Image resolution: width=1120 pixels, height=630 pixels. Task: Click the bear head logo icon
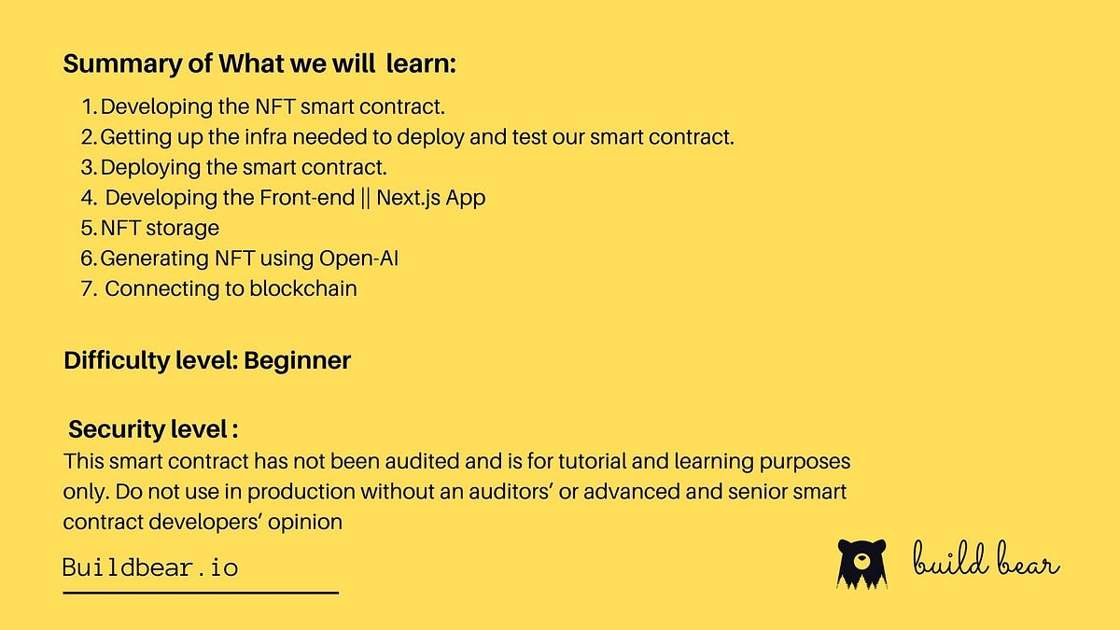tap(861, 563)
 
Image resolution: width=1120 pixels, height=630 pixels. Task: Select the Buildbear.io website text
tap(150, 567)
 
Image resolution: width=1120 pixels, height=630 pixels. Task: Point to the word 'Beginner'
tap(297, 360)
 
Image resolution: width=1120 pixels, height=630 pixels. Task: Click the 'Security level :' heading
tap(153, 429)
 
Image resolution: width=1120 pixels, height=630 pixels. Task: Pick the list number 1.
tap(89, 107)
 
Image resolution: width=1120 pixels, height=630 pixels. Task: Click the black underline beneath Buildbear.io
tap(200, 592)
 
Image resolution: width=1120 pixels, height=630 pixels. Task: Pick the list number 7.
tap(89, 288)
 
